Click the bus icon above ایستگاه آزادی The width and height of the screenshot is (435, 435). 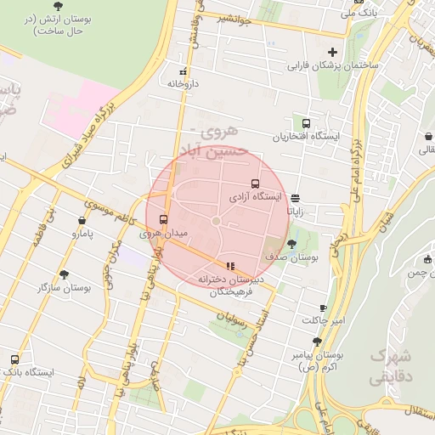click(x=255, y=184)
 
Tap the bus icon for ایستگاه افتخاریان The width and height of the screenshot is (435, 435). click(x=306, y=123)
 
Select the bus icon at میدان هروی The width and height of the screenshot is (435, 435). click(x=164, y=218)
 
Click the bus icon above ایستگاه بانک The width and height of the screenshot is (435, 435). click(x=14, y=359)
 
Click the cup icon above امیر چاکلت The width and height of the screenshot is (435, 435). click(x=323, y=308)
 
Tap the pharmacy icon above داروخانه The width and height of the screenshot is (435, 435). click(x=182, y=71)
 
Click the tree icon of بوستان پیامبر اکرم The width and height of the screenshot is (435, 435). click(x=317, y=341)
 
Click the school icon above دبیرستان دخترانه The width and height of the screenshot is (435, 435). click(x=229, y=266)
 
